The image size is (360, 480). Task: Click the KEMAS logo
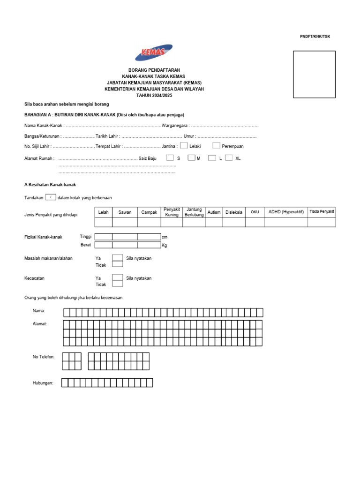click(154, 53)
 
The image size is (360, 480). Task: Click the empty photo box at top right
click(314, 74)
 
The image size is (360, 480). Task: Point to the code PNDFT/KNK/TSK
click(315, 37)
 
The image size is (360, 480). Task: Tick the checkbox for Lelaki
click(184, 146)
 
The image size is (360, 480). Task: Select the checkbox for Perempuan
click(216, 146)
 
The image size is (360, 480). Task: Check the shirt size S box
click(170, 158)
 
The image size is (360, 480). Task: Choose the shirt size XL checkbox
click(229, 158)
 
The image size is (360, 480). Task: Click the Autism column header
click(214, 212)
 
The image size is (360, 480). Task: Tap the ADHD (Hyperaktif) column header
click(286, 212)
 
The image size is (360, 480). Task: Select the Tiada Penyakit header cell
click(322, 212)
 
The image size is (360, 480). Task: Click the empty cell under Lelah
click(104, 222)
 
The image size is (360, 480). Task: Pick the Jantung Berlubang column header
click(194, 212)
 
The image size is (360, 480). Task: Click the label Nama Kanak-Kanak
click(44, 126)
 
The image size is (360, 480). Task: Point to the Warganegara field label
click(175, 126)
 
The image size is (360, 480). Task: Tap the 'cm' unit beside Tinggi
click(164, 237)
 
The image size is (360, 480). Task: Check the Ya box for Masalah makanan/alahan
click(118, 258)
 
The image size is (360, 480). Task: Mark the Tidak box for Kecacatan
click(118, 284)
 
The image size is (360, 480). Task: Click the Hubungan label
click(43, 383)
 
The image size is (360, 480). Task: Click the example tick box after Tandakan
click(51, 197)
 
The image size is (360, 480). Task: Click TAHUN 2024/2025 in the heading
click(154, 95)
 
